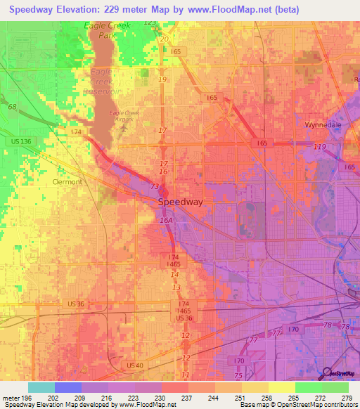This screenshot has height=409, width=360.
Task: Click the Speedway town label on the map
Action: click(x=180, y=202)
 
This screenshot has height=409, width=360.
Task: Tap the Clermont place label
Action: click(x=67, y=181)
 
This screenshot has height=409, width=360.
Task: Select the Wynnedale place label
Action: click(x=322, y=124)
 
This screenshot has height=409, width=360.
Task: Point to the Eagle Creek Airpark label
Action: click(x=125, y=115)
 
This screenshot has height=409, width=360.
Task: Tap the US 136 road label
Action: click(x=21, y=142)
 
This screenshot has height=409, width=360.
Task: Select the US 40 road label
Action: click(x=135, y=365)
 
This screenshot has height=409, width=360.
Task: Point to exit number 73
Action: click(x=155, y=186)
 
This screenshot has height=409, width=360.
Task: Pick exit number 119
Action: click(x=321, y=146)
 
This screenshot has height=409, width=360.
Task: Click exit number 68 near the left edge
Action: click(x=12, y=107)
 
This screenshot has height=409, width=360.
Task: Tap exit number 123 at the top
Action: click(x=150, y=22)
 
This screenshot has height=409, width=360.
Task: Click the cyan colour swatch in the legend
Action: click(x=41, y=387)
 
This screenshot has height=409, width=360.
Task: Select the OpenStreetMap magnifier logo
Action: click(x=328, y=373)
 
